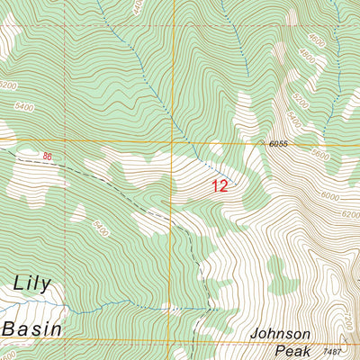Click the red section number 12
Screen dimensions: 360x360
(220, 186)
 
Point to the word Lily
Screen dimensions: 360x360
(35, 284)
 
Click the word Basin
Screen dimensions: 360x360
(32, 328)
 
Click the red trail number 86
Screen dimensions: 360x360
(46, 158)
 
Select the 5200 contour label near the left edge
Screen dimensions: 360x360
(8, 85)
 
